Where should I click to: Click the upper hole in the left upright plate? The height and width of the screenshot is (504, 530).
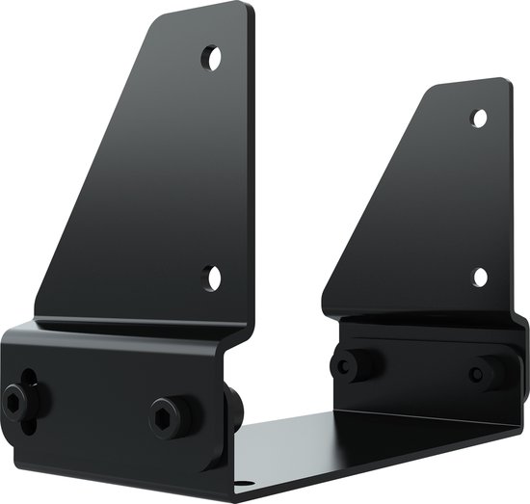pyautogui.click(x=211, y=58)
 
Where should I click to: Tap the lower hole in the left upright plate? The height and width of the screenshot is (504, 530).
pyautogui.click(x=213, y=279)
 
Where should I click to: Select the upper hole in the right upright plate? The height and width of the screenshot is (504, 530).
pyautogui.click(x=479, y=119)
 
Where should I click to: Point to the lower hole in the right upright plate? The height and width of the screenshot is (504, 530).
pyautogui.click(x=480, y=278)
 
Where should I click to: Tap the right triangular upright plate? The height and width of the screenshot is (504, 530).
pyautogui.click(x=424, y=212)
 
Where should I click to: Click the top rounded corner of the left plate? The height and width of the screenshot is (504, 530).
pyautogui.click(x=241, y=12)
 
